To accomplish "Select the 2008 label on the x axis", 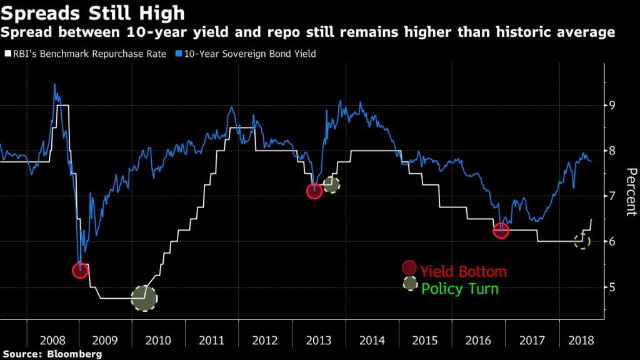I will [52, 341].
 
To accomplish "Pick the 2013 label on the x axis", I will [319, 341].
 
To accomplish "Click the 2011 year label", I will [212, 341].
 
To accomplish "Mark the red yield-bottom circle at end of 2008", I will [80, 271].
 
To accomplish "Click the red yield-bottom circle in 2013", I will [314, 191].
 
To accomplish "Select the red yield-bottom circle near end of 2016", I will [501, 230].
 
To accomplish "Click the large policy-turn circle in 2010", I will [144, 298].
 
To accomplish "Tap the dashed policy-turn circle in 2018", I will [582, 241].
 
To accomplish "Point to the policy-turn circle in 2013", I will [331, 184].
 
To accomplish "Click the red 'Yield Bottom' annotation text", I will [463, 272].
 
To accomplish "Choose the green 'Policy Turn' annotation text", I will [460, 289].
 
